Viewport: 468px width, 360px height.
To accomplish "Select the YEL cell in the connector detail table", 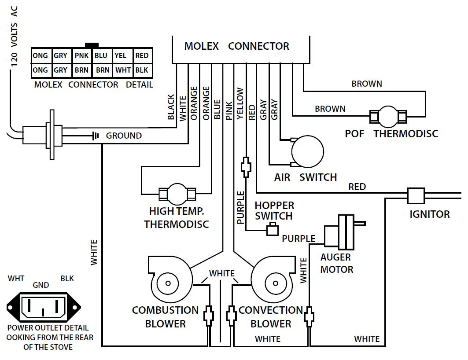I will pyautogui.click(x=121, y=56).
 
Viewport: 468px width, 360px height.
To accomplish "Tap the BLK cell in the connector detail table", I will pyautogui.click(x=142, y=70).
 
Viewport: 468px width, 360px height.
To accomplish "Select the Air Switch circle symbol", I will pyautogui.click(x=307, y=151).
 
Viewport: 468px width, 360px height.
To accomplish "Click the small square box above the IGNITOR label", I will pyautogui.click(x=416, y=195).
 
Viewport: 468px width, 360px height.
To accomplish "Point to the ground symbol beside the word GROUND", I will pyautogui.click(x=95, y=136).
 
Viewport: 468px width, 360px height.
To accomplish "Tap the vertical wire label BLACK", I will pyautogui.click(x=171, y=107).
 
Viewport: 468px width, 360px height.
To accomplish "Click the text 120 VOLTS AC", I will pyautogui.click(x=15, y=37).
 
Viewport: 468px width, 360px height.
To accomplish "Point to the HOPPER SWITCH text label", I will pyautogui.click(x=274, y=211).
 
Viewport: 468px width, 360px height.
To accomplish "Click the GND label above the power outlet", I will pyautogui.click(x=41, y=285).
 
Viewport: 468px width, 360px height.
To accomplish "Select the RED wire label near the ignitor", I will pyautogui.click(x=357, y=187).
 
